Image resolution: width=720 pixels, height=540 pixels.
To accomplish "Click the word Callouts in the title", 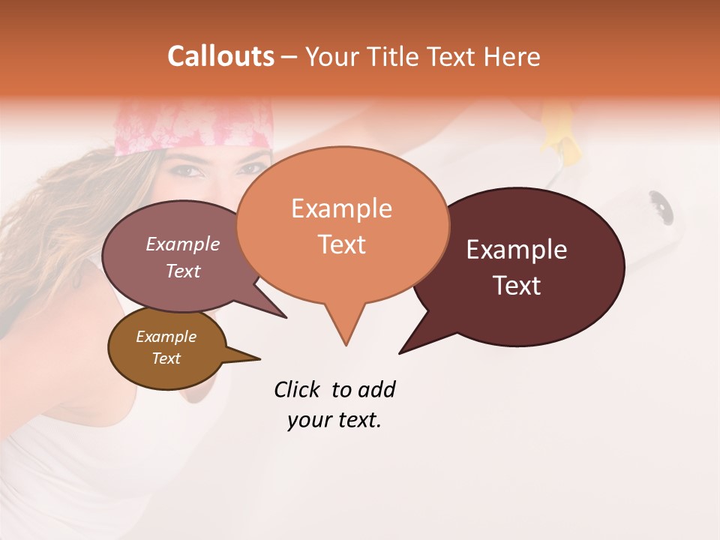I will pyautogui.click(x=220, y=56).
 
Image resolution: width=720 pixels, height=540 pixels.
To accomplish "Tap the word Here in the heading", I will pyautogui.click(x=512, y=57).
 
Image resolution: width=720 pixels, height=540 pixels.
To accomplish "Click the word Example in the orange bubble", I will pyautogui.click(x=341, y=208).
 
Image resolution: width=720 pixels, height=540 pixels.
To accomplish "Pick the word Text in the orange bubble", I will pyautogui.click(x=341, y=244).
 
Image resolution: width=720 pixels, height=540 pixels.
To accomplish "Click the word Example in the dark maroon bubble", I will pyautogui.click(x=517, y=250).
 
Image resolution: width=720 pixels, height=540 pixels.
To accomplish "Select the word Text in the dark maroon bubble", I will pyautogui.click(x=517, y=286).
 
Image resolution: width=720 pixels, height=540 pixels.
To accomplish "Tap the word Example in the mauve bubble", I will pyautogui.click(x=182, y=244).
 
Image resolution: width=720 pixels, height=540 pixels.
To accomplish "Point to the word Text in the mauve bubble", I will pyautogui.click(x=182, y=271).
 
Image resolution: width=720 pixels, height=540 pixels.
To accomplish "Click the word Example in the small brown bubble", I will pyautogui.click(x=166, y=337).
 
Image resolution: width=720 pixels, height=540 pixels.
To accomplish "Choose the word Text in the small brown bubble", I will pyautogui.click(x=166, y=358).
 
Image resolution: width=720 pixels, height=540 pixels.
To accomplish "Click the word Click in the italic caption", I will pyautogui.click(x=296, y=390).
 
